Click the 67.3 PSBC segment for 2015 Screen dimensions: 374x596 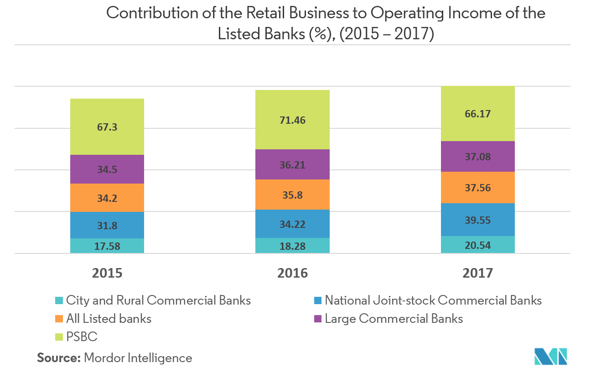[x=107, y=127]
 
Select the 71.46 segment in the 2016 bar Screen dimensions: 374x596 [x=292, y=120]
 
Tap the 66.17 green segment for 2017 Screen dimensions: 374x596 [x=477, y=114]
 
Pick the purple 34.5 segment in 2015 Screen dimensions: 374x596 [x=107, y=169]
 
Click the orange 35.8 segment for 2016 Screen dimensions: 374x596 [x=292, y=195]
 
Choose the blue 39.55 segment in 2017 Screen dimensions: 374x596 [x=477, y=220]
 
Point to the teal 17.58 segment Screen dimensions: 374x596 [x=107, y=246]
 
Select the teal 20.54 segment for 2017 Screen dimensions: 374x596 [x=477, y=245]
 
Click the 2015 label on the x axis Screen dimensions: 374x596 [x=107, y=273]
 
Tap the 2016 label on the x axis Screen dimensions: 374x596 [x=292, y=273]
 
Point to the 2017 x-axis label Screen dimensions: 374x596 [x=477, y=273]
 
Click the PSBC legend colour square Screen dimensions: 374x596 [x=58, y=337]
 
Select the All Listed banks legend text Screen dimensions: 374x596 [x=109, y=319]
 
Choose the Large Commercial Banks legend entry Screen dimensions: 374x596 [x=394, y=319]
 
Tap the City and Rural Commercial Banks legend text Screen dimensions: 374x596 [x=158, y=300]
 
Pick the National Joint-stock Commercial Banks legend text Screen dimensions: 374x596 [x=433, y=300]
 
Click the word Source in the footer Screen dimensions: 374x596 [x=58, y=358]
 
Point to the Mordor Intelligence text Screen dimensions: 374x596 [x=138, y=358]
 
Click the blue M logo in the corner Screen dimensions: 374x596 [x=551, y=356]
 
